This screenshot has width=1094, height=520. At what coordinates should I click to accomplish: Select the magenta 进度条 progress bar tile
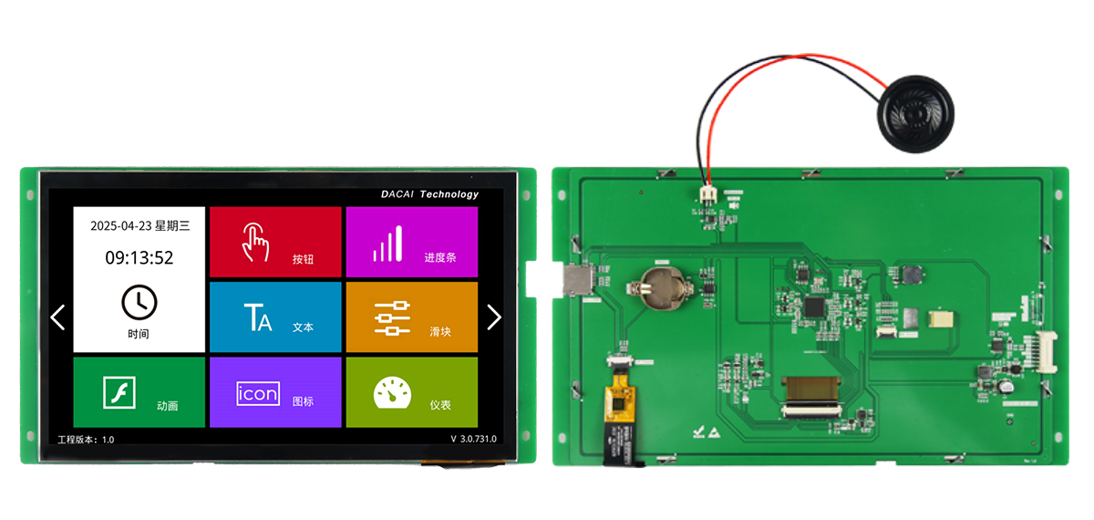coord(411,242)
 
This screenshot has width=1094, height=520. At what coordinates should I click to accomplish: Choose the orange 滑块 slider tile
coord(411,317)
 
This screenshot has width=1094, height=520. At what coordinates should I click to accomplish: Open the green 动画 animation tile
coord(139,391)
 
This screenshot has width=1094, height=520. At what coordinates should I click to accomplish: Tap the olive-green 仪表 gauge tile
coord(411,391)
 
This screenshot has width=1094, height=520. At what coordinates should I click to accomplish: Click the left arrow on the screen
coord(58,317)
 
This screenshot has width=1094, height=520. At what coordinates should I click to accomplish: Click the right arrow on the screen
coord(494,317)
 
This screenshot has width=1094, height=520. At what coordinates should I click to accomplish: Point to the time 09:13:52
coord(139,257)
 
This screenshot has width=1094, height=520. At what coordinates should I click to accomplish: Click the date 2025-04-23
coord(119,225)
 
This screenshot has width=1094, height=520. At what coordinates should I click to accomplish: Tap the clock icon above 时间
coord(139,301)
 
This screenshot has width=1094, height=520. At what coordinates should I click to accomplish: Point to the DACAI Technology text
coord(428,194)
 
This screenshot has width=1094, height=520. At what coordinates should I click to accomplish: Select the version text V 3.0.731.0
coord(473,439)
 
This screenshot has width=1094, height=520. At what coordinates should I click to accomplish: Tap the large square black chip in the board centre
coord(814,307)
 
